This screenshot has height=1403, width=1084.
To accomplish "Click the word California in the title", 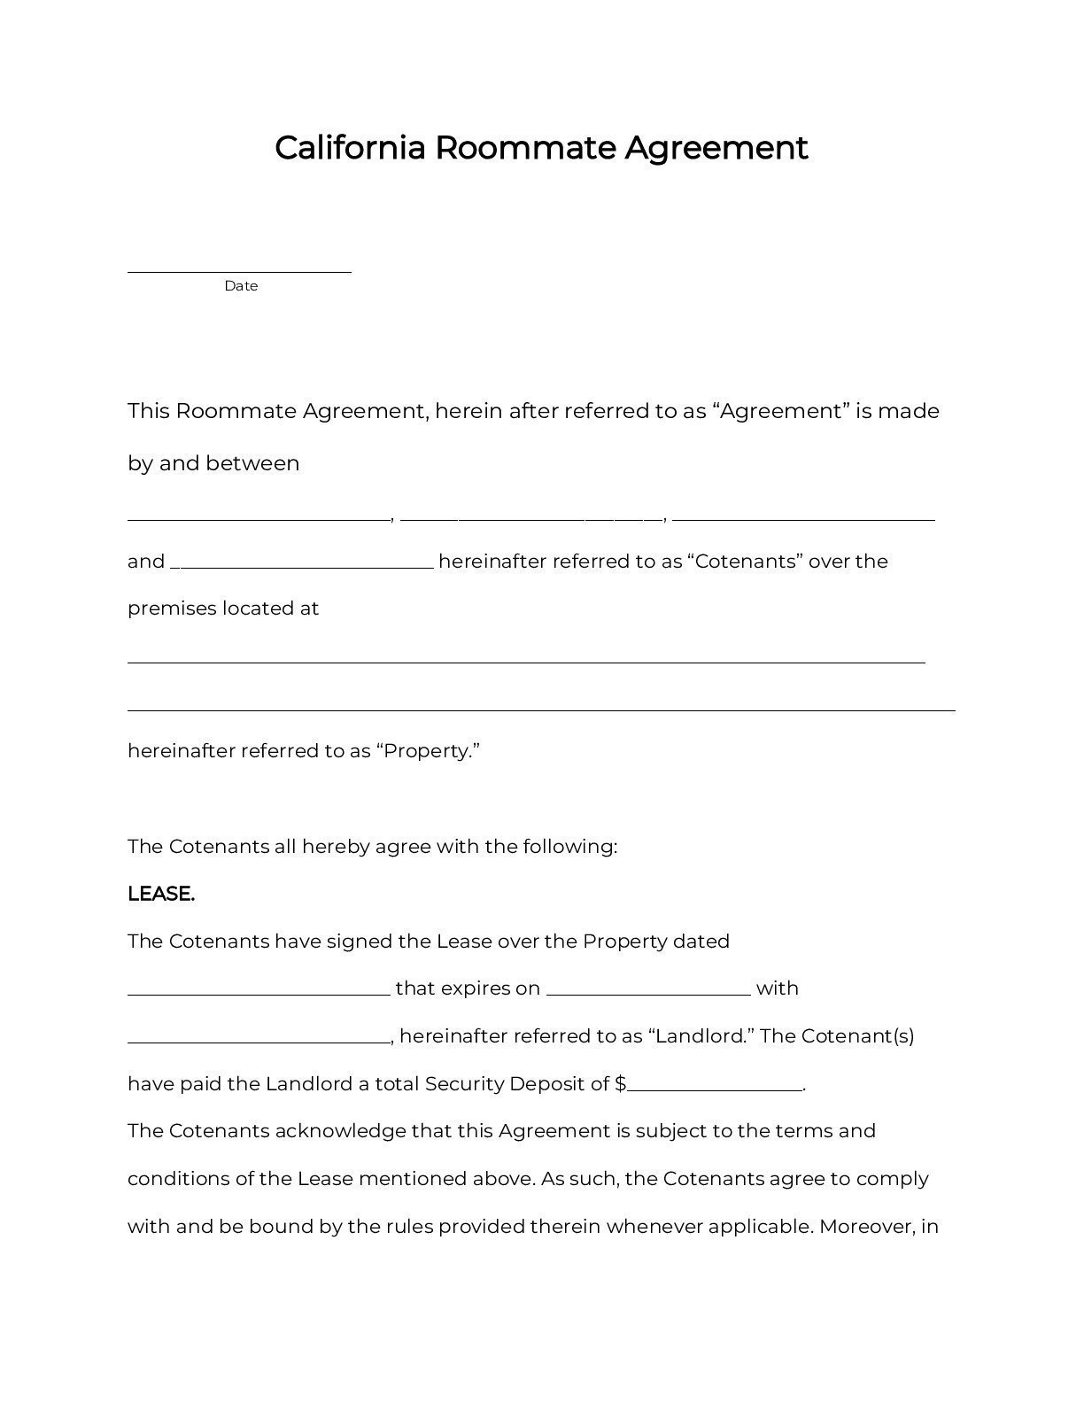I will coord(351,147).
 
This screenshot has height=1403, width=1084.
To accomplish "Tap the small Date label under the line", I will coord(241,286).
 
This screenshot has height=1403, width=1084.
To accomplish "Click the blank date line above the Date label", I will coord(239,271).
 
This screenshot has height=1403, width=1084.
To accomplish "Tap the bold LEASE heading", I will coord(161,894).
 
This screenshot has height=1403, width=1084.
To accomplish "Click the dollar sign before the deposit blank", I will coord(620,1084).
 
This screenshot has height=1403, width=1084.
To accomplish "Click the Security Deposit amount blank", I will coord(714,1089).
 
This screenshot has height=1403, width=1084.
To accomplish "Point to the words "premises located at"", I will coord(223,608).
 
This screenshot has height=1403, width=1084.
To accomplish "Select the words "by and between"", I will coord(213,463).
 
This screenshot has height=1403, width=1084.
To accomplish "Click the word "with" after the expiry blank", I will coord(777,988).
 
